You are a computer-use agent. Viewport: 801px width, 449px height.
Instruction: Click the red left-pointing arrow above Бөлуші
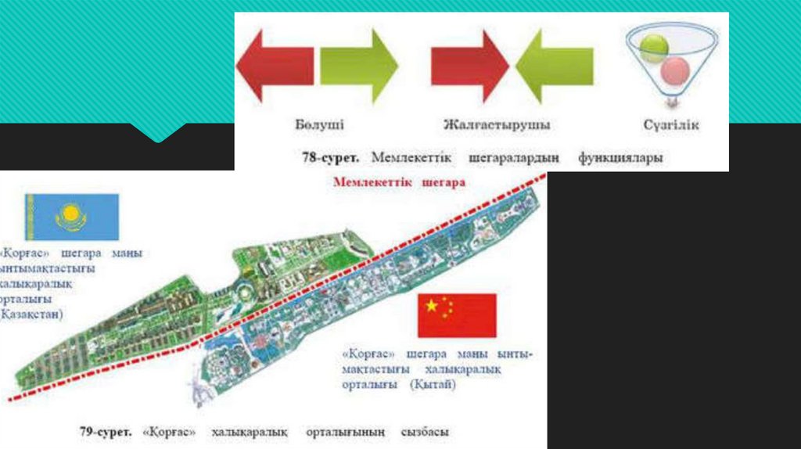point(275,65)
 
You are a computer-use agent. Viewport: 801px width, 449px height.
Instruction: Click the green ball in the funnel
point(654,48)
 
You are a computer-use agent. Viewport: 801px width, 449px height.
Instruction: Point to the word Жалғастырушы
point(497,125)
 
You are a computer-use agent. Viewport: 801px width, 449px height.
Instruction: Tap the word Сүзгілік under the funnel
point(671,125)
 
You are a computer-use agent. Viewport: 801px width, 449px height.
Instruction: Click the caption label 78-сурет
point(330,157)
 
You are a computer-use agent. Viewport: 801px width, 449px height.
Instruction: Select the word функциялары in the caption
point(620,157)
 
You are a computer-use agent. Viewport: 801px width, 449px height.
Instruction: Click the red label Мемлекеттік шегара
point(399,182)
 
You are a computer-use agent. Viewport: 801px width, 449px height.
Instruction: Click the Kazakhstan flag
point(72,217)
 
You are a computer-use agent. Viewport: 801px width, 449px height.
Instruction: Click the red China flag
point(458,315)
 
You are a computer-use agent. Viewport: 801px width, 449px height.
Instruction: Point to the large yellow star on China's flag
point(431,305)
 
